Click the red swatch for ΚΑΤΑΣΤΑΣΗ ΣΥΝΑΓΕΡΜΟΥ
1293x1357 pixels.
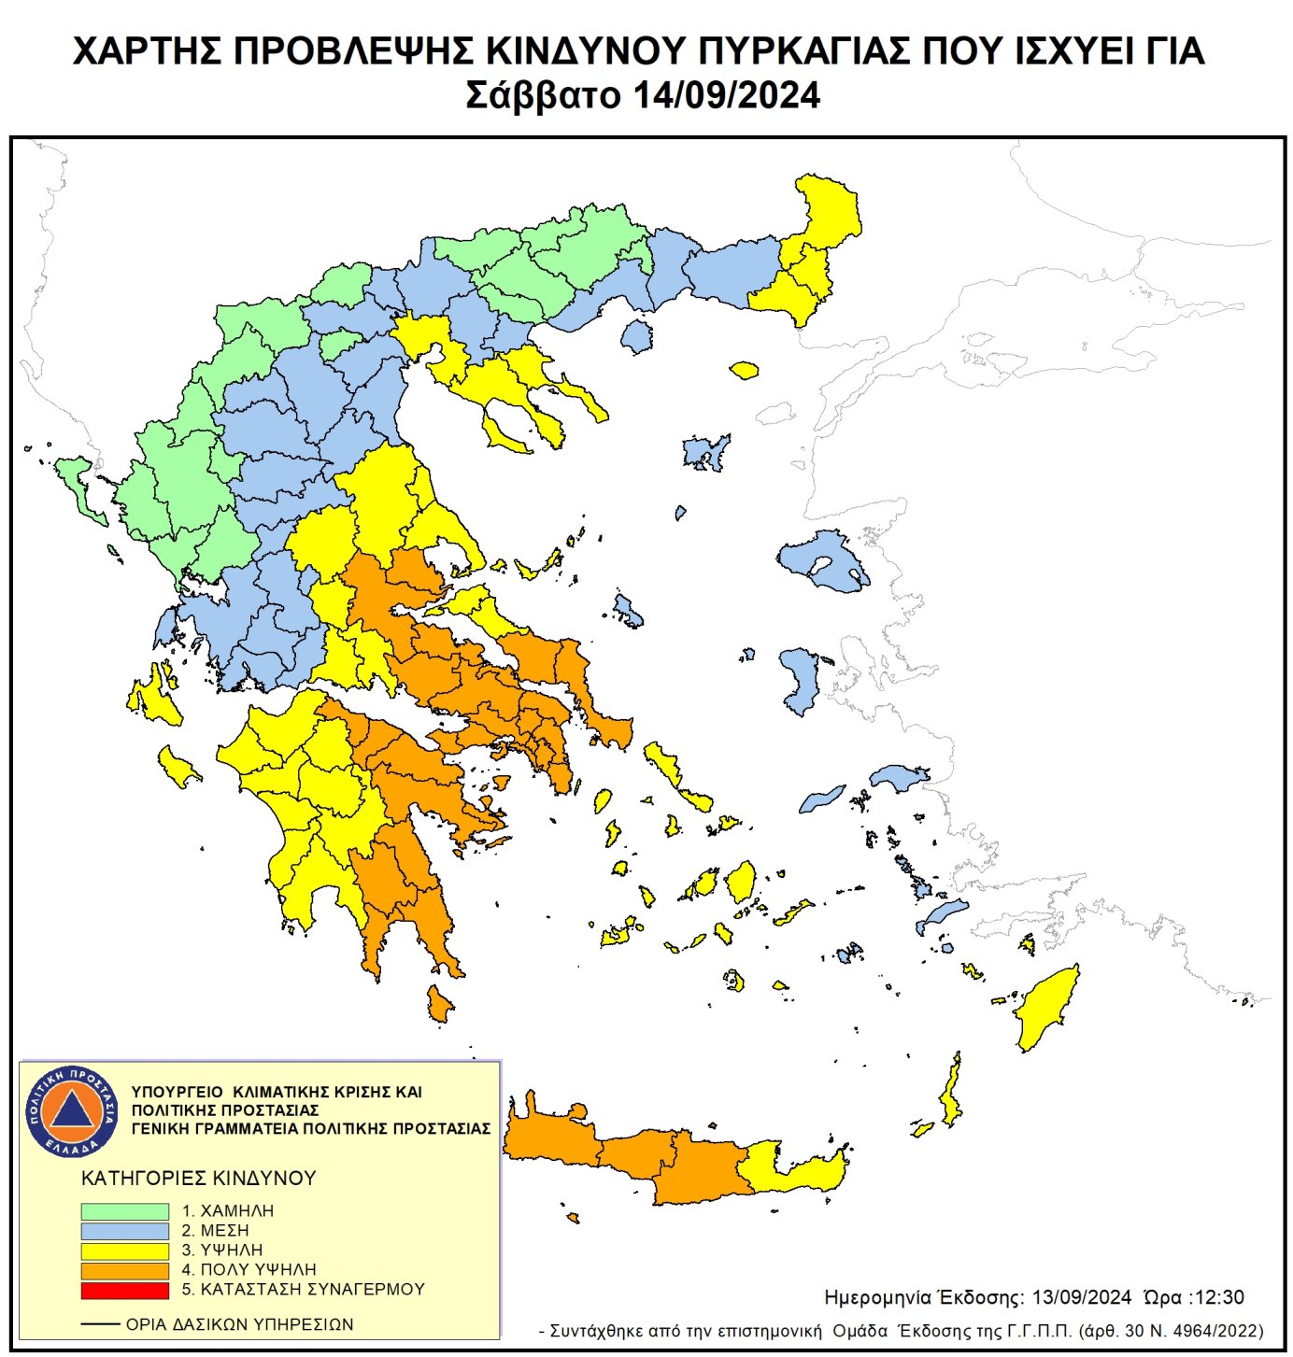tap(124, 1290)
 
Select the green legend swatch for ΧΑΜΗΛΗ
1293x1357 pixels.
tap(124, 1210)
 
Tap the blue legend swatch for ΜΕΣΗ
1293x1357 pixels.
tap(124, 1231)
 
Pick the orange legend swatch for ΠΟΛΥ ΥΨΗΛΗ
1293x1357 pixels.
tap(124, 1270)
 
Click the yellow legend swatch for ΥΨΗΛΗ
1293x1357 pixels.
tap(124, 1251)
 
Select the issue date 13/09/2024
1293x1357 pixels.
tap(1082, 1297)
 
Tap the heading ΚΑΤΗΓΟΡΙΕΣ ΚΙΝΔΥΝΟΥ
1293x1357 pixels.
tap(199, 1178)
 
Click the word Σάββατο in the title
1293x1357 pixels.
tap(543, 96)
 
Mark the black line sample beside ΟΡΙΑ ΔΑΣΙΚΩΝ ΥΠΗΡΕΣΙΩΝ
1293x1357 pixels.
tap(100, 1324)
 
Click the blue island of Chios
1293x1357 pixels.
tap(801, 680)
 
